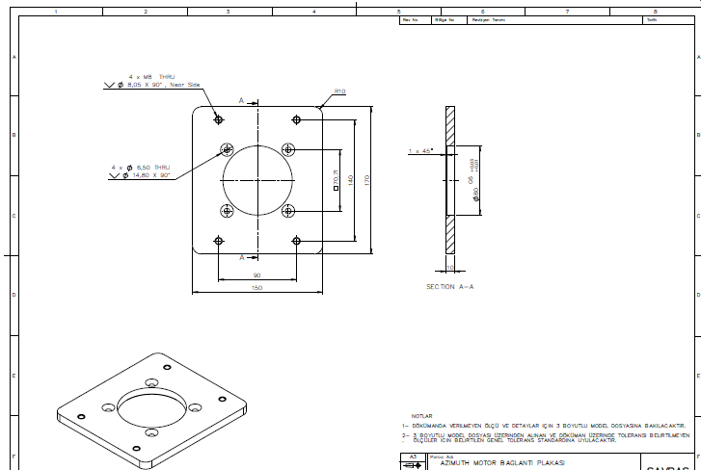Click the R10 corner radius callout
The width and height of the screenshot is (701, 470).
click(x=339, y=92)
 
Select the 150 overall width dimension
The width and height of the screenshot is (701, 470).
click(x=256, y=287)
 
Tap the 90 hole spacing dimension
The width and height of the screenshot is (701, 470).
click(x=256, y=275)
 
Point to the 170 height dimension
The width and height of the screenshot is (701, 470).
click(x=366, y=179)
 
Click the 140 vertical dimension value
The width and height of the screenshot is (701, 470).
click(x=351, y=179)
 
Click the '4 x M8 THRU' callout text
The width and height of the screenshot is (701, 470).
click(x=151, y=76)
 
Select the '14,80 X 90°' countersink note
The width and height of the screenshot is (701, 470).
click(x=147, y=175)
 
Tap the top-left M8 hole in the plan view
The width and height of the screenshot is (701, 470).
click(x=219, y=119)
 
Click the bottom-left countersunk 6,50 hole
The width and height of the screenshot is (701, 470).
click(x=227, y=211)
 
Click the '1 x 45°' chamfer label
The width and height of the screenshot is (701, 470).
click(x=420, y=150)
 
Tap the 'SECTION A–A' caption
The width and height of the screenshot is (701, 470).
click(x=450, y=287)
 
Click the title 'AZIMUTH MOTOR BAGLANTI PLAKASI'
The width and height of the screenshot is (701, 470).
click(x=500, y=463)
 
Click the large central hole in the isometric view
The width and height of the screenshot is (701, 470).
click(x=154, y=409)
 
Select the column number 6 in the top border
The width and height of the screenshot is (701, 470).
click(x=482, y=12)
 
